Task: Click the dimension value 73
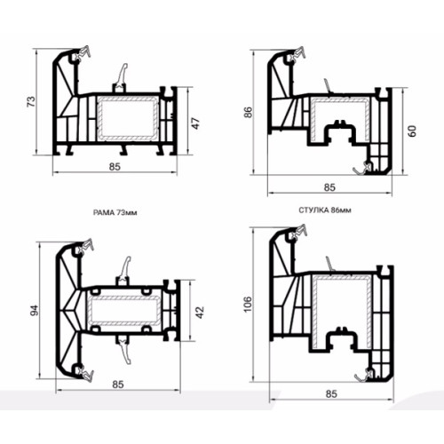click(x=31, y=101)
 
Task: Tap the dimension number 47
click(x=196, y=123)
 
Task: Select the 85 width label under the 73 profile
click(x=115, y=167)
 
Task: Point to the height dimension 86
click(x=248, y=112)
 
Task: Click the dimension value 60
click(x=412, y=131)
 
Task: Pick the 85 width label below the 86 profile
click(x=329, y=187)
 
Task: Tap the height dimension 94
click(x=35, y=311)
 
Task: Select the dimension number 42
click(x=200, y=313)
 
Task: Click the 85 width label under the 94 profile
click(x=118, y=385)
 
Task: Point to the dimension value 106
click(x=248, y=304)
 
